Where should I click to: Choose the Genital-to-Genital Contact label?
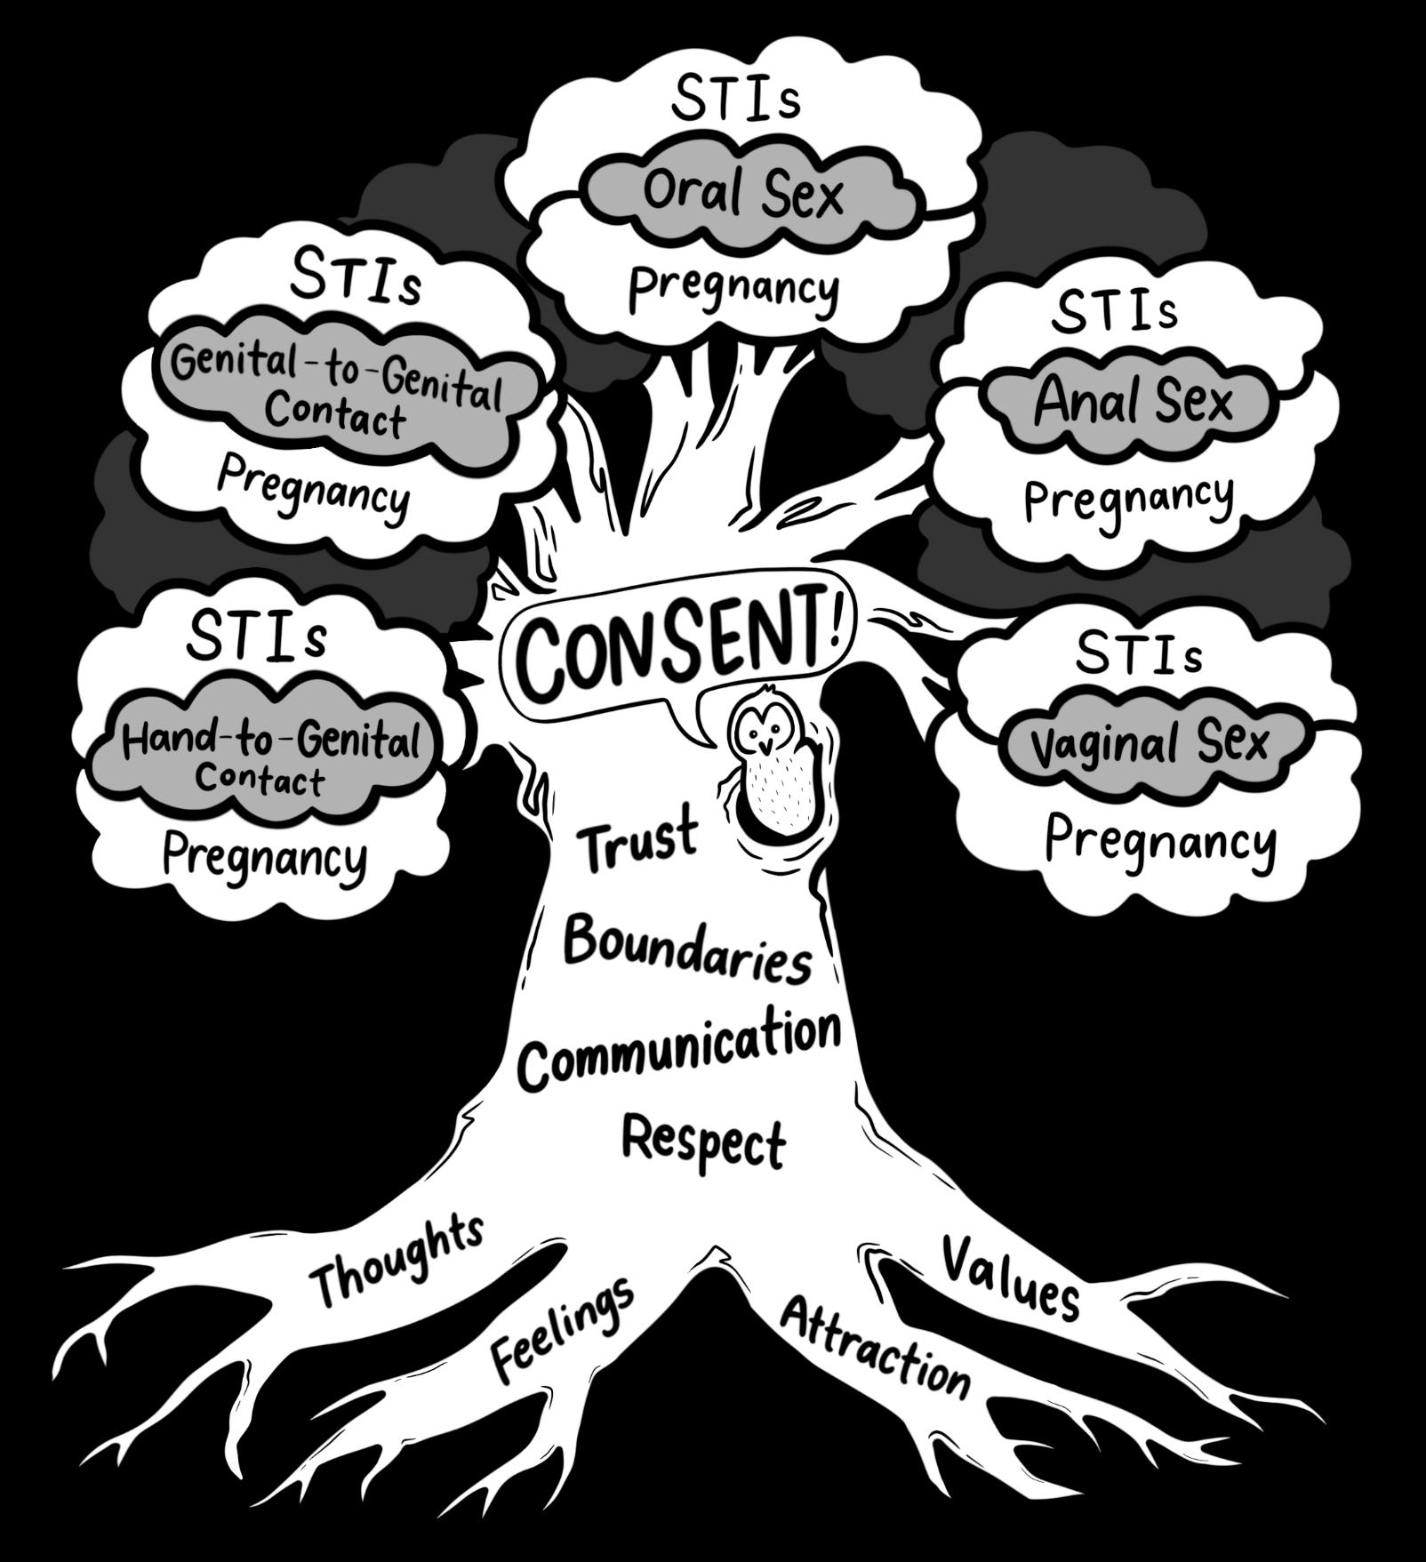pyautogui.click(x=337, y=391)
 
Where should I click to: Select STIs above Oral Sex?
pyautogui.click(x=736, y=100)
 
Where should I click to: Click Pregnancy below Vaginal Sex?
pyautogui.click(x=1160, y=840)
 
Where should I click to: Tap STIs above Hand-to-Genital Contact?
pyautogui.click(x=257, y=635)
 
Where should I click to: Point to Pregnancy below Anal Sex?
pyautogui.click(x=1129, y=499)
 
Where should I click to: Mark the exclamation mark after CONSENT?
pyautogui.click(x=836, y=623)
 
